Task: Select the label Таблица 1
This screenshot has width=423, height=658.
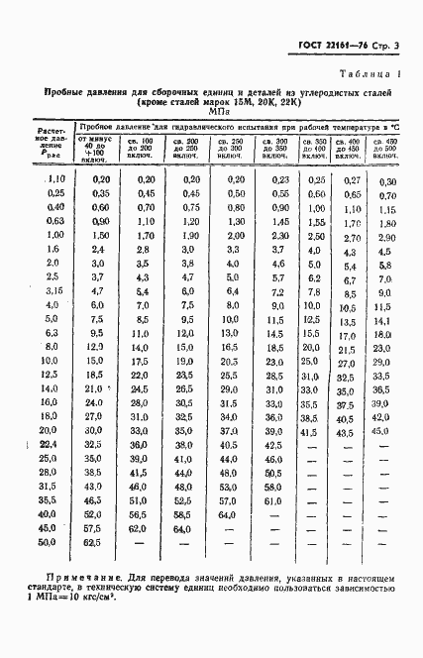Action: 368,75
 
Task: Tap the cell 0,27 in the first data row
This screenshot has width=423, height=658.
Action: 349,180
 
